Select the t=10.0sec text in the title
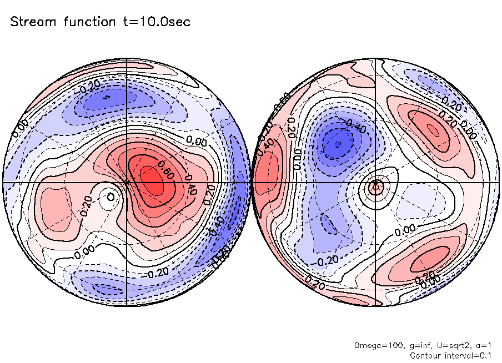157,22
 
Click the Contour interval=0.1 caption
450,355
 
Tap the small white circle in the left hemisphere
111,196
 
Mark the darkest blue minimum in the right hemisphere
335,144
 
